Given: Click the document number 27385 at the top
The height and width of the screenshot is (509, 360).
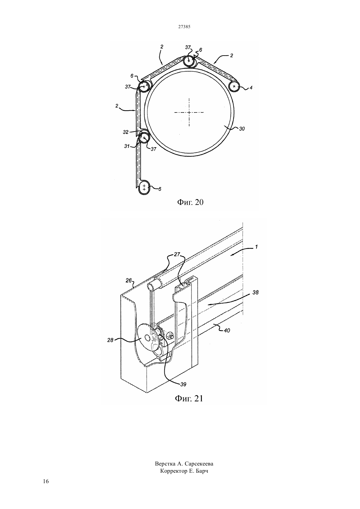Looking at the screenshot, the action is [184, 26].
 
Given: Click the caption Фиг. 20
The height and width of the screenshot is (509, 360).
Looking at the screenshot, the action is [190, 202].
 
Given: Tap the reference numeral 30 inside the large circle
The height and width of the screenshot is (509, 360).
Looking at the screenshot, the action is [242, 129].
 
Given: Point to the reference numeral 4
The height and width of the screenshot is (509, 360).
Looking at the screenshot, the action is [251, 88].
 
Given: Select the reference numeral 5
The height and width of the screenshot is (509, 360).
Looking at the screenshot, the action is [160, 189].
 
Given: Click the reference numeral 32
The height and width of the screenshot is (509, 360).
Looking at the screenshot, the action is [126, 132].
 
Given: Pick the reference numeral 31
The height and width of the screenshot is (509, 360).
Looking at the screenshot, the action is [127, 146].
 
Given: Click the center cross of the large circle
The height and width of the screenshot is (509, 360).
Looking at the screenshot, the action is [189, 112].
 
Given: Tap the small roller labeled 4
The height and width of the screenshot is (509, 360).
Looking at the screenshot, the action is [234, 86].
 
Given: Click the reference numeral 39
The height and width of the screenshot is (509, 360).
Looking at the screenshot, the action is [183, 384].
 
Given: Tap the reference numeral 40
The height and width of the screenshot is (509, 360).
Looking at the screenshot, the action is [227, 331].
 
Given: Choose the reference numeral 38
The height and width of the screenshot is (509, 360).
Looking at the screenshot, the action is [256, 292].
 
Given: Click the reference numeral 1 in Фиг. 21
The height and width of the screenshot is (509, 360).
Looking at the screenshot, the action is [256, 247].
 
